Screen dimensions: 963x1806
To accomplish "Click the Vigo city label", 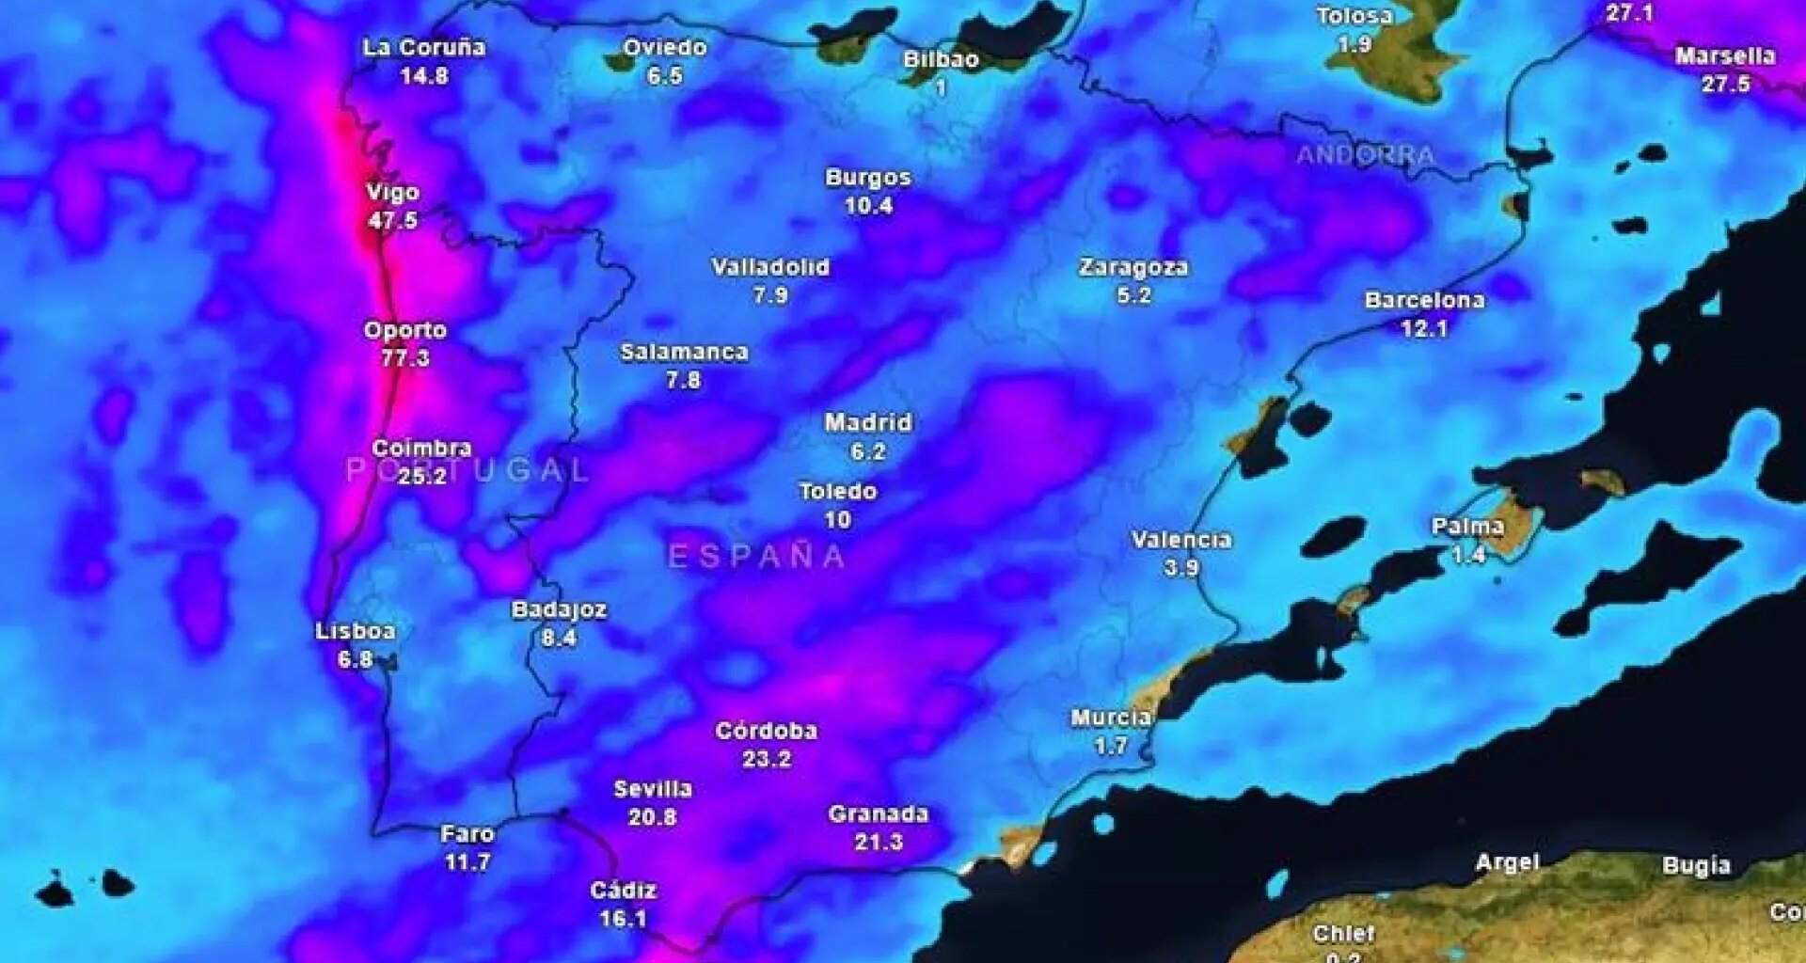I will [392, 193].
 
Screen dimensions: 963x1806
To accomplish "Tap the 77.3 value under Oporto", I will [405, 358].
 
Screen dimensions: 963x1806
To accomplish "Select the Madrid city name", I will [868, 423].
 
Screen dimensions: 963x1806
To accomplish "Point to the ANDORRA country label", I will [1366, 155].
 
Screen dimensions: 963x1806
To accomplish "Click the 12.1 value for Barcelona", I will [1424, 329].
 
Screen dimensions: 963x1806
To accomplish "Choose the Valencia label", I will [1181, 540].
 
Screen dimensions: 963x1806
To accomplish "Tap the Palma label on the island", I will [1467, 527].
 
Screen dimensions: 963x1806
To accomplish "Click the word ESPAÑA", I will [757, 557].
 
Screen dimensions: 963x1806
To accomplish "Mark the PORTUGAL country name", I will [467, 470].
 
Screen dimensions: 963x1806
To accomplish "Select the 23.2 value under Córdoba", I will [767, 759].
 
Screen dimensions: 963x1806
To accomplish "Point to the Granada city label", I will [879, 814].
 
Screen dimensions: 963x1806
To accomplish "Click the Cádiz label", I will [623, 891].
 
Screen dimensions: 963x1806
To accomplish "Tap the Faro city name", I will [467, 834].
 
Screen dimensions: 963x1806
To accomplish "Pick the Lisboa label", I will [356, 631].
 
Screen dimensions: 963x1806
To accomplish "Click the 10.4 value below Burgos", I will [868, 206].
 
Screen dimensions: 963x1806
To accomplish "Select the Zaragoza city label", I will [1133, 267].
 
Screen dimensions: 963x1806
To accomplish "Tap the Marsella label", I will [1725, 56].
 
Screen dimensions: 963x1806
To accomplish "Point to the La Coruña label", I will [424, 48].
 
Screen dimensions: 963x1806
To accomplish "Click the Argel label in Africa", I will [1508, 862].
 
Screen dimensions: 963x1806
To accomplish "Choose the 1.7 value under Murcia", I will [1111, 747].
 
